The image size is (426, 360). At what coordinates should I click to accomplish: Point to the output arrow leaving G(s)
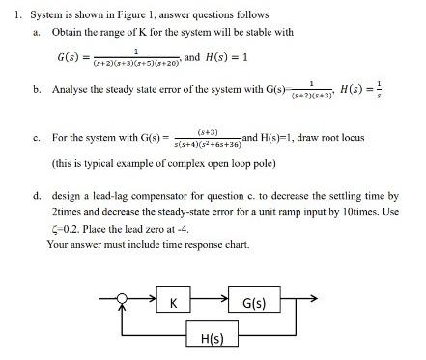[x=303, y=303]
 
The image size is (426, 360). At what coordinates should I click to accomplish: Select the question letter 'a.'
[x=37, y=31]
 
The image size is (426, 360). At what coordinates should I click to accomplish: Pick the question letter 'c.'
[x=37, y=139]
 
